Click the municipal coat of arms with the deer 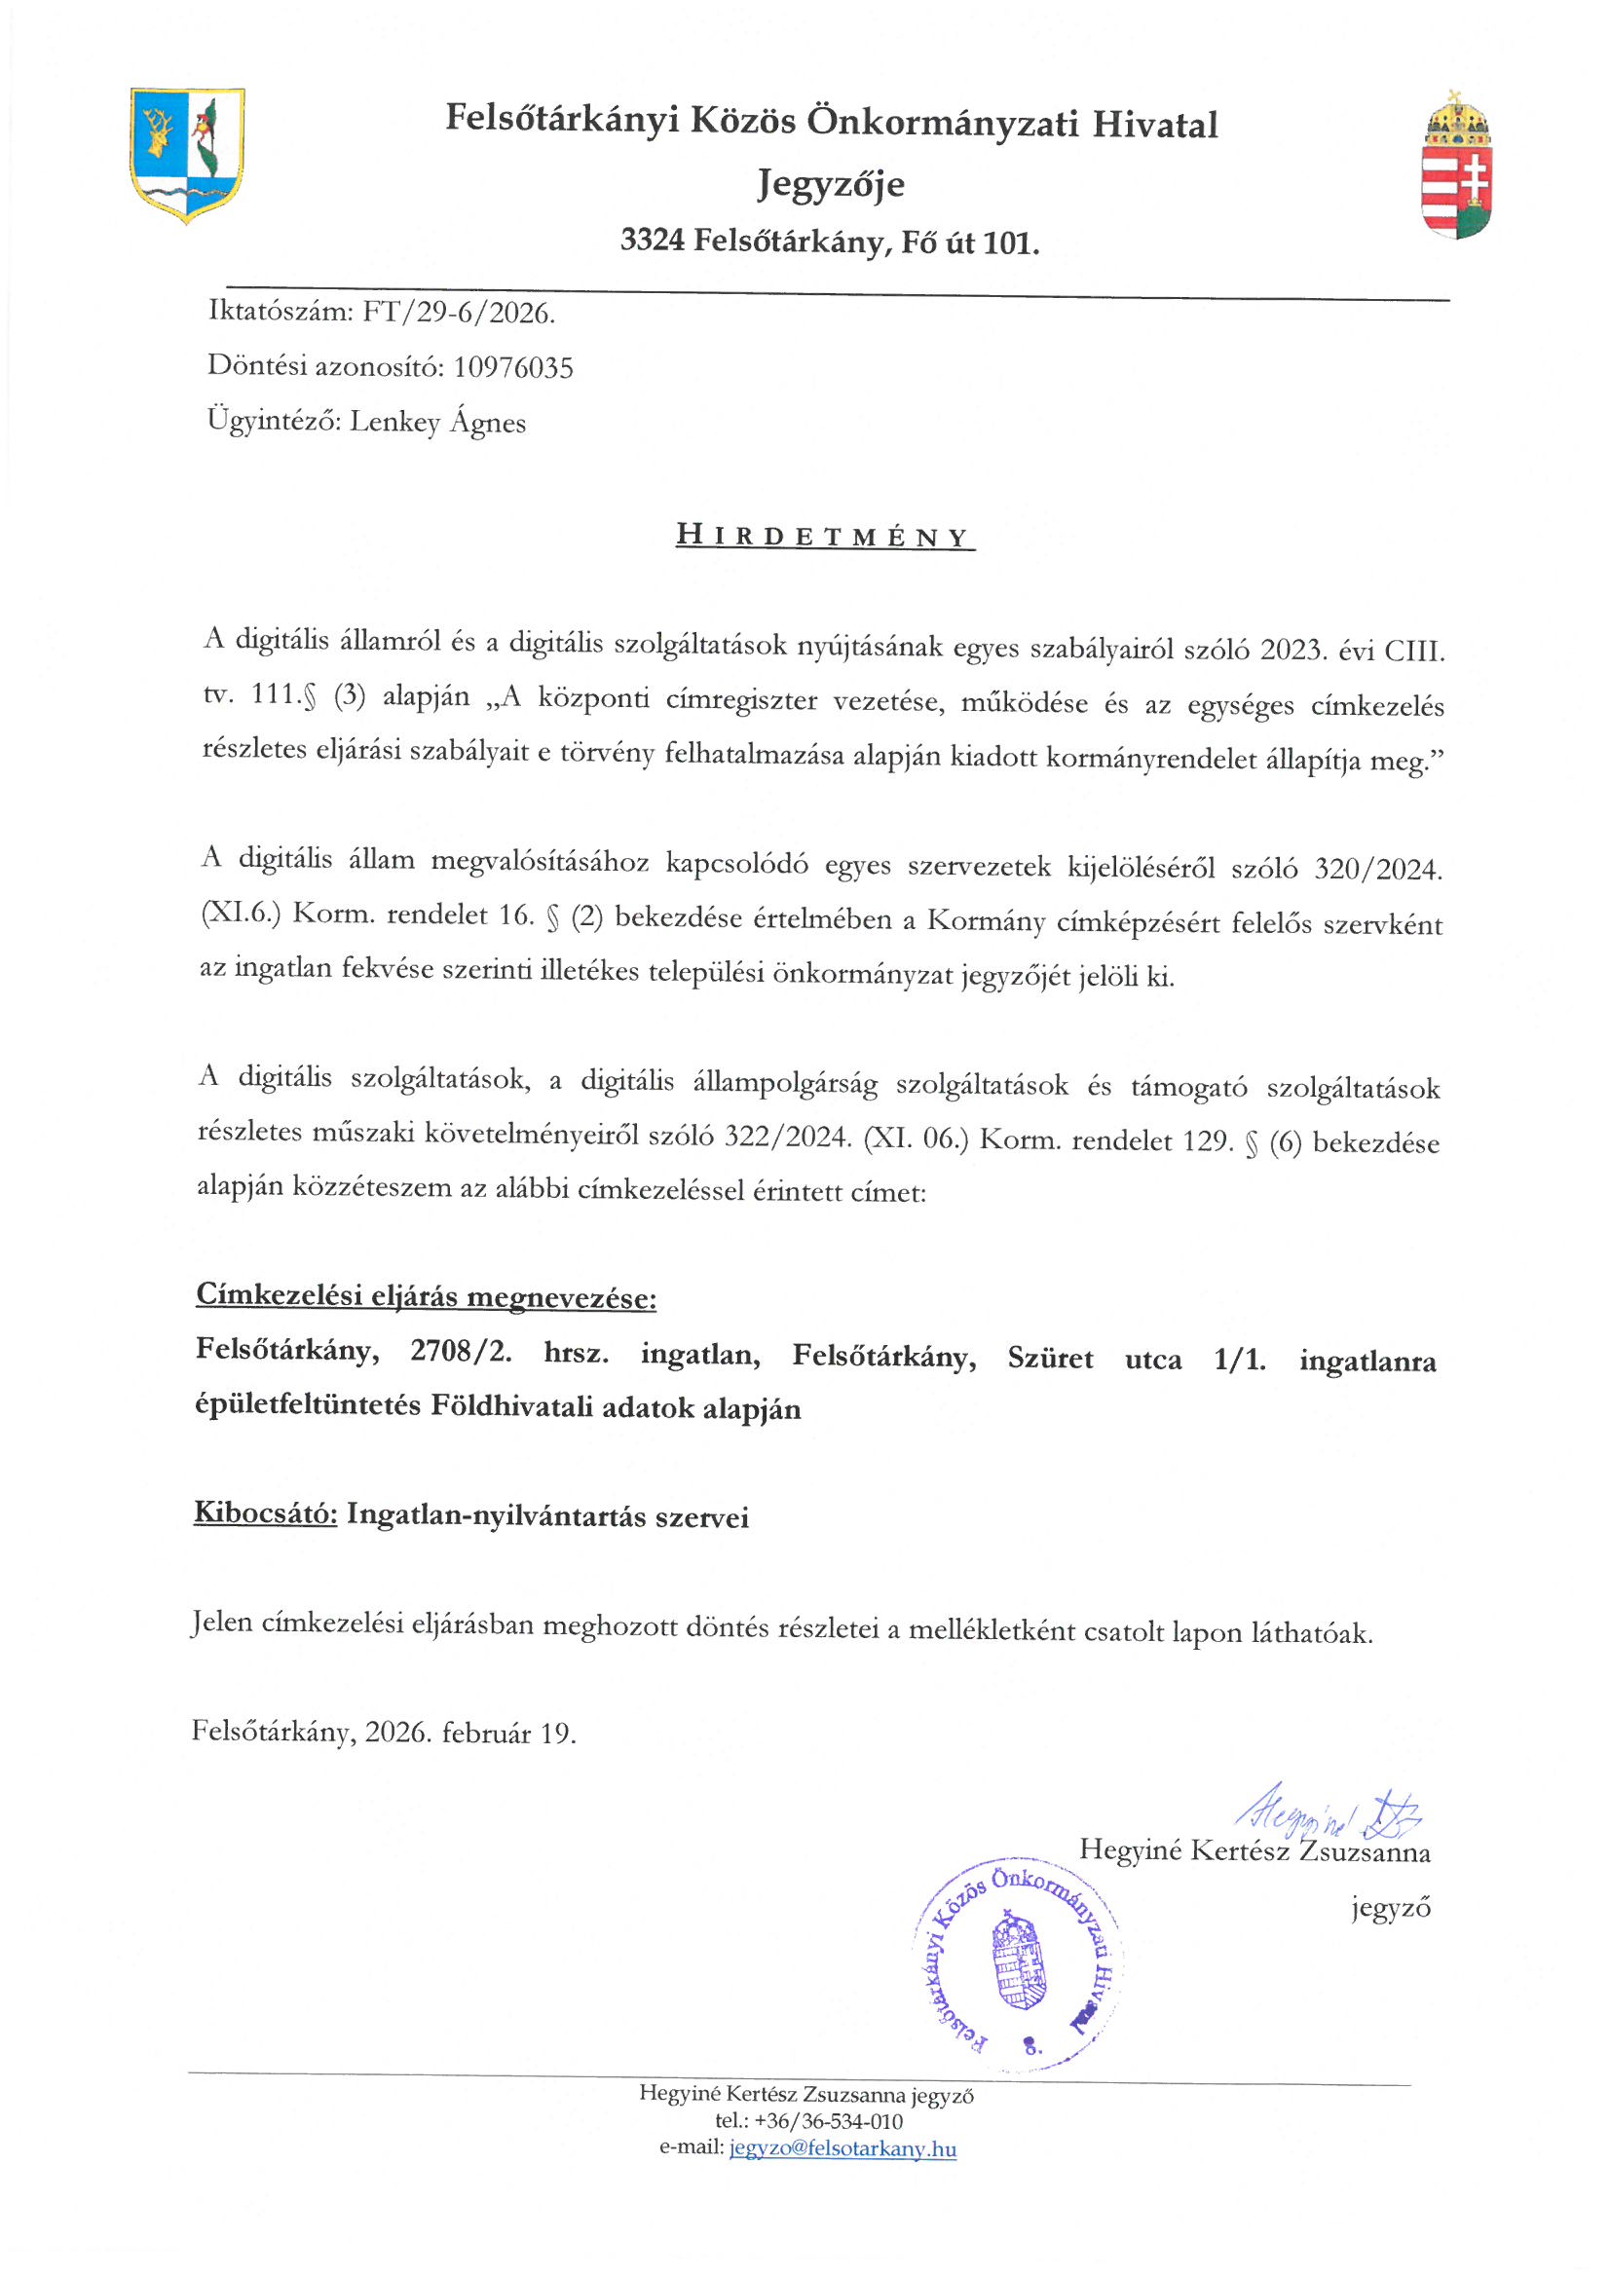pos(186,155)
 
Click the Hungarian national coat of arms pos(1456,166)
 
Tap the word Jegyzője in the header pos(831,184)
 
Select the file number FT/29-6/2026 pos(459,314)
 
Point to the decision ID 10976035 pos(513,368)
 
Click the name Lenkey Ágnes pos(437,423)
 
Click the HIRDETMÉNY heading pos(824,537)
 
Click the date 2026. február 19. pos(470,1733)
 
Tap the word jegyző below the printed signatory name pos(1391,1907)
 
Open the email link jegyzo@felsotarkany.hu pos(842,2149)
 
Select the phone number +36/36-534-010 pos(828,2121)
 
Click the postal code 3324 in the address pos(652,241)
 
